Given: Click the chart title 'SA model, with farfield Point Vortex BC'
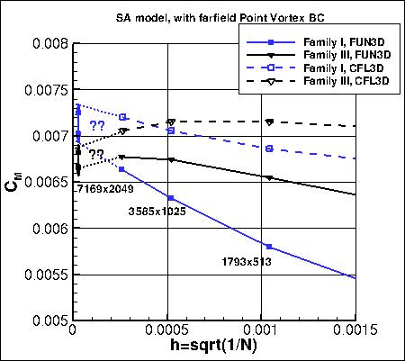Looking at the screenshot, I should point(202,18).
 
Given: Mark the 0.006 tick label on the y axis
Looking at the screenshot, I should point(44,229).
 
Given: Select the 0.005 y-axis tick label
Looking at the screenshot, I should point(44,320).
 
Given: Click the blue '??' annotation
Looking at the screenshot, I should point(97,125).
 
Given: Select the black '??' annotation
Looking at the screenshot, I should point(95,154).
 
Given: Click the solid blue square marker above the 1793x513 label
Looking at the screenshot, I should point(268,247).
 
